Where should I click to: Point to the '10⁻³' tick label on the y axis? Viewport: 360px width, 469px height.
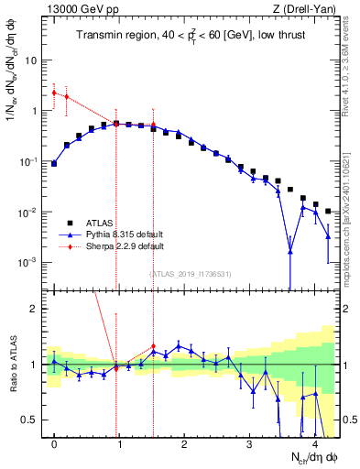pyautogui.click(x=27, y=263)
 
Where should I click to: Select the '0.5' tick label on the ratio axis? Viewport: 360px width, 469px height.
pyautogui.click(x=30, y=420)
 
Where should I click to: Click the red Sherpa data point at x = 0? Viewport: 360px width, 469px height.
pyautogui.click(x=54, y=93)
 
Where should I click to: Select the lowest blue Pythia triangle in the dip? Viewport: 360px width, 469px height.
pyautogui.click(x=289, y=251)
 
